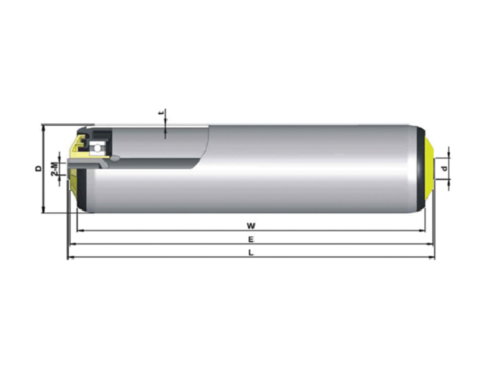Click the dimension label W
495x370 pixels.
[x=251, y=226]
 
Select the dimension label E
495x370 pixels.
[x=251, y=240]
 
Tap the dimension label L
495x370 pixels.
[x=251, y=253]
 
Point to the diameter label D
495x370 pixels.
[x=38, y=168]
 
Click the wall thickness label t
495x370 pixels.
[x=161, y=112]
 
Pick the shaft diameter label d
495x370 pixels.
[x=445, y=168]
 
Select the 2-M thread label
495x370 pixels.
[x=55, y=168]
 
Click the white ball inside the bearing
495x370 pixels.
[x=98, y=147]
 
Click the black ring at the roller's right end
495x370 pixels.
[x=420, y=169]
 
